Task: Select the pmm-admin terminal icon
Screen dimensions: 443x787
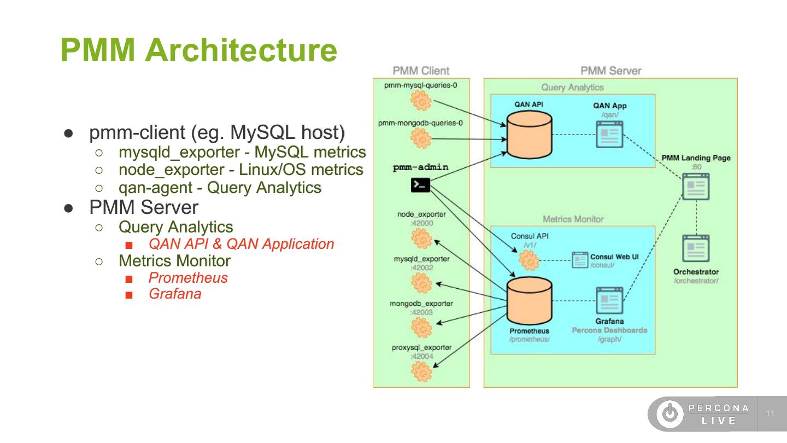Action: click(x=420, y=185)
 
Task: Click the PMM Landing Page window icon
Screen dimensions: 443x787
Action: click(x=696, y=187)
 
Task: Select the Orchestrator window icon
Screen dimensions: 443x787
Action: click(x=696, y=249)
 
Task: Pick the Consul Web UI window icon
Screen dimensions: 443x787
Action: click(x=579, y=260)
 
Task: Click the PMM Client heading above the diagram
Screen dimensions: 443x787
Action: click(x=421, y=71)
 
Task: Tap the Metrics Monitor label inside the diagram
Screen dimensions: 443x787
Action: click(x=573, y=219)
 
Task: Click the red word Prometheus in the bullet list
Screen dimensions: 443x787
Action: click(x=188, y=278)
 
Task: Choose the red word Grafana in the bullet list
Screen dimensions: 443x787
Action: click(x=175, y=294)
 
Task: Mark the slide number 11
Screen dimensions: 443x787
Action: click(x=771, y=413)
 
